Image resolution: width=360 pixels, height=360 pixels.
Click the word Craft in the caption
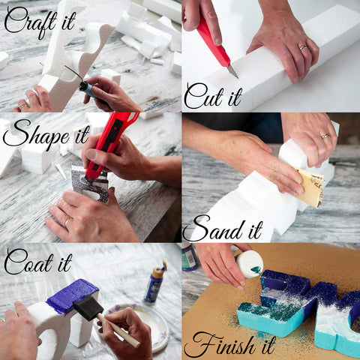(28, 21)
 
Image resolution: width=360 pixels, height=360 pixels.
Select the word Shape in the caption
(29, 137)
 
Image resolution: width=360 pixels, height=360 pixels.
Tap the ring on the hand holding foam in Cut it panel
(302, 47)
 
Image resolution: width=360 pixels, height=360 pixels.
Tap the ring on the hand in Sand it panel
(325, 136)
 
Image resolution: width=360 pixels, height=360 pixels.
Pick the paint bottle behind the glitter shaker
(190, 256)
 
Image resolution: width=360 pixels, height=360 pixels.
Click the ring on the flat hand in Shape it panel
(67, 221)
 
